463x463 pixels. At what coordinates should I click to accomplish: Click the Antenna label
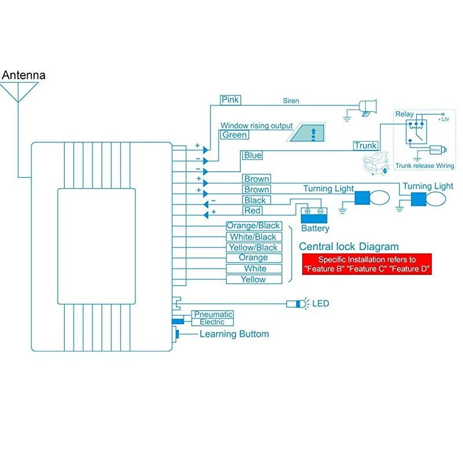tap(24, 75)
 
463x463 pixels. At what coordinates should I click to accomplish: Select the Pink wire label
tap(230, 100)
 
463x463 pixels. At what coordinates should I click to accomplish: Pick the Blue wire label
tap(252, 155)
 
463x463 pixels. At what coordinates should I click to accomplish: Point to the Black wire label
tap(255, 200)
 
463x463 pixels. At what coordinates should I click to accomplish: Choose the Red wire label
tap(252, 211)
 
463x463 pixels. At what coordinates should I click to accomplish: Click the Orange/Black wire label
tap(253, 226)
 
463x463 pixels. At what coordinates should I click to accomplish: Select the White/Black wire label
tap(253, 237)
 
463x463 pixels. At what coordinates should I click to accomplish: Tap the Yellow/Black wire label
tap(253, 248)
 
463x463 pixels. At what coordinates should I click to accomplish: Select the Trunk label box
tap(366, 146)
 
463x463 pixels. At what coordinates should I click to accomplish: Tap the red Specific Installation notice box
tap(367, 264)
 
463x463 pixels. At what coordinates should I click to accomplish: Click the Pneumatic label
tap(213, 314)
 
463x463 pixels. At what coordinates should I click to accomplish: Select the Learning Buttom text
tap(234, 334)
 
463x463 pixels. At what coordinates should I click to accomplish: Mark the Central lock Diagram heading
tap(349, 246)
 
